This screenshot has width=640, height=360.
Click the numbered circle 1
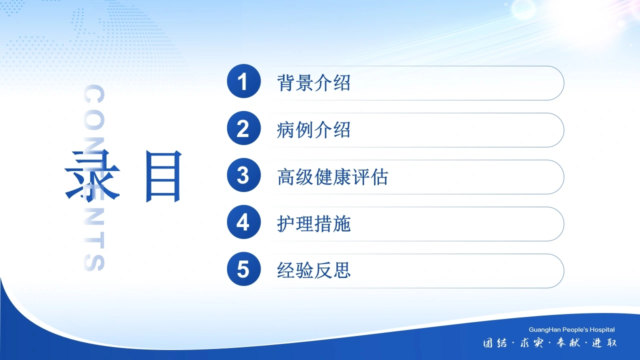[x=243, y=81]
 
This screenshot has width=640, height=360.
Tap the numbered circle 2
[x=243, y=128]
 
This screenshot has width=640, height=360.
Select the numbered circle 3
[x=243, y=175]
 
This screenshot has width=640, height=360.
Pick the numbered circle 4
[x=243, y=222]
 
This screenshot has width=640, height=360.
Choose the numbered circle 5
[x=243, y=269]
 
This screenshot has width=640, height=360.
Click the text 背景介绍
[x=313, y=83]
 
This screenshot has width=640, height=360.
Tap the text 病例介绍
[x=313, y=130]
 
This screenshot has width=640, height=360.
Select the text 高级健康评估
[x=332, y=177]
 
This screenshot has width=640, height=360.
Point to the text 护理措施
[x=313, y=223]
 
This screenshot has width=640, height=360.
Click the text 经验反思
[x=313, y=270]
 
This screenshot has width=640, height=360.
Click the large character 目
[x=163, y=176]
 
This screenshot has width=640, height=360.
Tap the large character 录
[x=92, y=176]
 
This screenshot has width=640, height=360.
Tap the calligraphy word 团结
[x=495, y=343]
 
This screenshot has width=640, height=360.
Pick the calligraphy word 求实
[x=531, y=343]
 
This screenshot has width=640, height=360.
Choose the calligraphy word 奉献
[x=568, y=343]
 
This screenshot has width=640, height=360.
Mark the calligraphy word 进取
[x=604, y=343]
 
